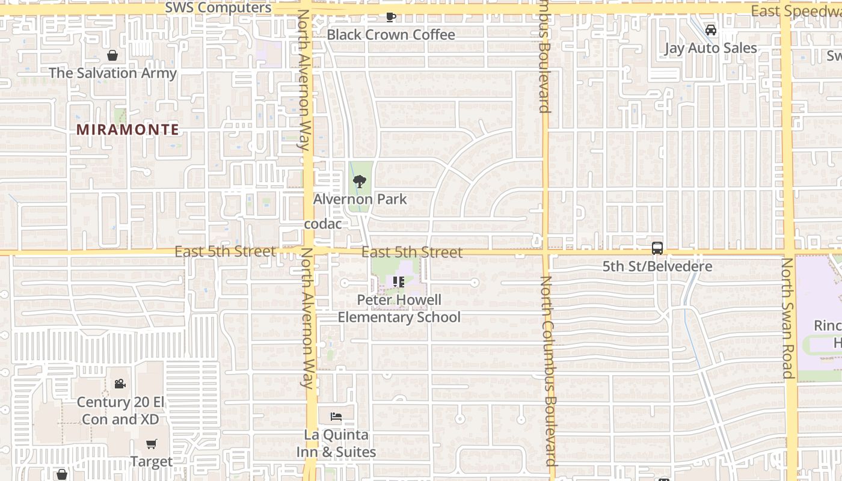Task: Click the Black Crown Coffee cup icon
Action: coord(391,17)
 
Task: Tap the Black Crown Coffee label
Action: coord(391,35)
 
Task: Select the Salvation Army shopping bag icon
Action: coord(112,56)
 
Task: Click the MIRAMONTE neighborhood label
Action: coord(128,129)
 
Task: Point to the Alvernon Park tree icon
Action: coord(360,181)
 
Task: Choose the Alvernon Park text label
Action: coord(360,199)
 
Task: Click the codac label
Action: coord(323,224)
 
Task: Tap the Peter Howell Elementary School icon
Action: coord(398,281)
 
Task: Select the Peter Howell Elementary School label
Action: coord(399,308)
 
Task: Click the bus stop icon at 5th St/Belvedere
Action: coord(657,248)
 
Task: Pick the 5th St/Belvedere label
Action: coord(657,266)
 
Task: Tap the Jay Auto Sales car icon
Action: coord(711,30)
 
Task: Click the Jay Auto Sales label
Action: coord(711,48)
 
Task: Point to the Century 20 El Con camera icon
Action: coord(120,384)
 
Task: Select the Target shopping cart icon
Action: coord(152,444)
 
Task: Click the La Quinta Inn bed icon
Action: coord(336,417)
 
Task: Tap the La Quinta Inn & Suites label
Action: coord(336,443)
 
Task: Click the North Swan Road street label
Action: coord(788,319)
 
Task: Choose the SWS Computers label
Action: coord(218,8)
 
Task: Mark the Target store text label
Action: coord(152,462)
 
